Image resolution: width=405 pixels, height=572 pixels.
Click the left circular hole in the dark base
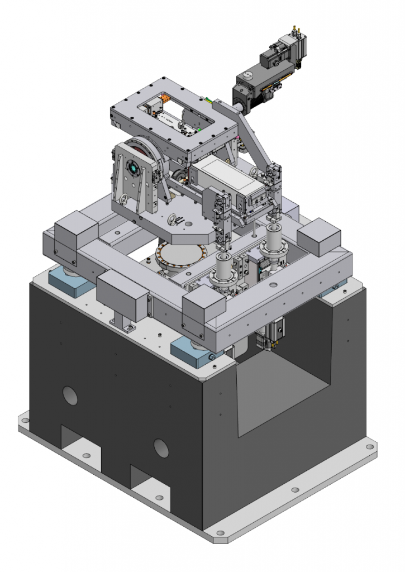pos(70,395)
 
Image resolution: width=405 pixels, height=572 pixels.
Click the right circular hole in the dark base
pos(161,447)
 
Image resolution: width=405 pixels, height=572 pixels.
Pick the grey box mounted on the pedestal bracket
pos(122,292)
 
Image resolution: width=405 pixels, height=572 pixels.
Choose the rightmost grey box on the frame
pos(318,237)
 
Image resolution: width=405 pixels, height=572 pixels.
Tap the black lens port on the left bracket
pos(133,167)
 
